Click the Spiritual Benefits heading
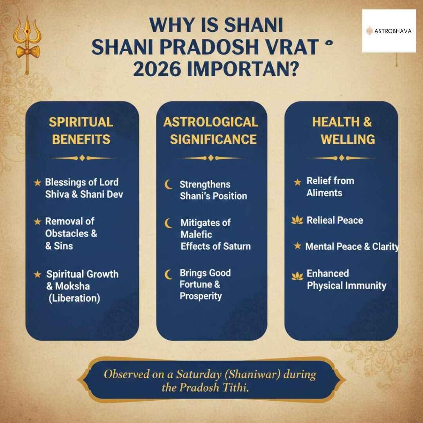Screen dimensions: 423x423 (x=81, y=130)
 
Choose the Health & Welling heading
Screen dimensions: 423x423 (x=342, y=130)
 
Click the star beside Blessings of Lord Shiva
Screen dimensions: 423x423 (x=37, y=183)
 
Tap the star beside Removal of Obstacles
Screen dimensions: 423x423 (x=37, y=222)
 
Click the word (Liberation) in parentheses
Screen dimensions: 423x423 (x=74, y=298)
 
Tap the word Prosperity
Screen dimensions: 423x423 (x=201, y=296)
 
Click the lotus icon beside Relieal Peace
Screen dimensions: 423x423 (x=297, y=221)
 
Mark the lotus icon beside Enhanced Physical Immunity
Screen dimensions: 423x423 (x=297, y=277)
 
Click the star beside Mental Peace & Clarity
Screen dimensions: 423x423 (x=298, y=246)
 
